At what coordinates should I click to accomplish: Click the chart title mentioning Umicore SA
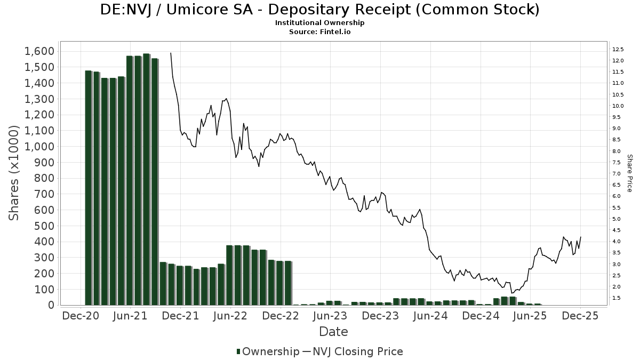(x=320, y=10)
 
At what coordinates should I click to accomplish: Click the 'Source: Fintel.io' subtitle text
(x=320, y=31)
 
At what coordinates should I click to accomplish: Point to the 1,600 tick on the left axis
(x=39, y=51)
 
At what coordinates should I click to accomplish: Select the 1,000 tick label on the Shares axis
(x=39, y=146)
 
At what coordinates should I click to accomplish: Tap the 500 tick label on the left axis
(x=44, y=226)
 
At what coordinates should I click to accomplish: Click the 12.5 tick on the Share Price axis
(x=618, y=49)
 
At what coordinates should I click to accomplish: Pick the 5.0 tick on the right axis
(x=617, y=219)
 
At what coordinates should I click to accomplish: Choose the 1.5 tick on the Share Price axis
(x=617, y=298)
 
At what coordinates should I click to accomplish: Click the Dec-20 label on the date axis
(x=81, y=316)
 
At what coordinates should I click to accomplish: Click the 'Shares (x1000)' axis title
(x=14, y=173)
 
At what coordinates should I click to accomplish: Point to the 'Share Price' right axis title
(x=629, y=173)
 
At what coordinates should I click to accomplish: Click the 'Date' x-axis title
(x=333, y=332)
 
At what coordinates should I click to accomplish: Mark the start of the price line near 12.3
(x=171, y=53)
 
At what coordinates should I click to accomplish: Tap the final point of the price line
(x=580, y=237)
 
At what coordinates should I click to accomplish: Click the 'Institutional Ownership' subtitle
(x=320, y=23)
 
